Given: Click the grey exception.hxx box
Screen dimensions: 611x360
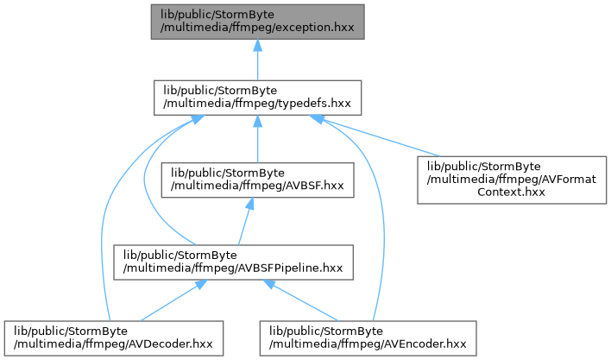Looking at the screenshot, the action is click(257, 22).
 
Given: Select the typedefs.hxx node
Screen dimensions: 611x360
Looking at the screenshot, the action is click(257, 98).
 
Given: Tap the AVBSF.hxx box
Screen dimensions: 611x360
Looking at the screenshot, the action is click(257, 180).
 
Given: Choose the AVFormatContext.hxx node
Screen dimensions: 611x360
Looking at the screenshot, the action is click(512, 180).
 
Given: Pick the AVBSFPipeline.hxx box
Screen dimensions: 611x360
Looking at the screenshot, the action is click(233, 262).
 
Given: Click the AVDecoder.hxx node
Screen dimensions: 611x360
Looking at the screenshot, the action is click(114, 338).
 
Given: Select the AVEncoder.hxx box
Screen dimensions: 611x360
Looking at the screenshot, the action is click(368, 338).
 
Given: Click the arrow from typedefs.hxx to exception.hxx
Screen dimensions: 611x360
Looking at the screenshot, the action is click(257, 60).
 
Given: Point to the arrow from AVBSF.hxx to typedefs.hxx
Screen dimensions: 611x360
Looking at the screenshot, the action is click(257, 139).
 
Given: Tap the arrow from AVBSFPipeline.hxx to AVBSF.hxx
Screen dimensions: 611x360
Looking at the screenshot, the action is click(246, 221).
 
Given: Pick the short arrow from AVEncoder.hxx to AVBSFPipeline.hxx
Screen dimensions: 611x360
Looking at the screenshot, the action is click(301, 300).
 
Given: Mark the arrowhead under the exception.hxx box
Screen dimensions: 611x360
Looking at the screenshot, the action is click(257, 44).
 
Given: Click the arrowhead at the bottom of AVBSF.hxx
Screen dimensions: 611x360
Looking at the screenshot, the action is click(249, 203).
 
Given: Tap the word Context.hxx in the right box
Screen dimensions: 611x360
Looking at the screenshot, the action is click(511, 192).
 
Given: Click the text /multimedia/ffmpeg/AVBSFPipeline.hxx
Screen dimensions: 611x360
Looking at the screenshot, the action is click(233, 268).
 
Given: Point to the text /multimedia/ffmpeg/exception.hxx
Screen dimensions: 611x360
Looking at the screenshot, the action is click(257, 28).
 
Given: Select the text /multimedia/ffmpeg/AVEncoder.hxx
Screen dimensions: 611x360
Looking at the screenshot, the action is click(368, 344).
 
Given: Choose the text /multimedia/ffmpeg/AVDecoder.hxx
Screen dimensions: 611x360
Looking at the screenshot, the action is click(113, 344).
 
